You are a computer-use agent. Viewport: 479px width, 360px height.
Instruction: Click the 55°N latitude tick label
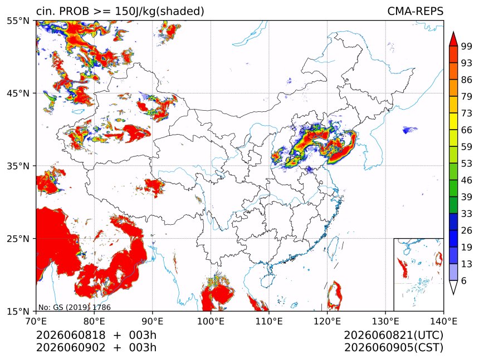(18, 21)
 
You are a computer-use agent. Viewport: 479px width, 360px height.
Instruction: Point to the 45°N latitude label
(18, 93)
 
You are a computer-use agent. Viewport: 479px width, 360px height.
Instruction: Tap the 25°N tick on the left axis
(18, 238)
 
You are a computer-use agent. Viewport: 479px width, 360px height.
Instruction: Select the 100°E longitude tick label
(211, 321)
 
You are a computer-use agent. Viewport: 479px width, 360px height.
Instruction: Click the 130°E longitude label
(385, 321)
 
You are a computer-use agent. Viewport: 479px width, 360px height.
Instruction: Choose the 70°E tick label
(36, 321)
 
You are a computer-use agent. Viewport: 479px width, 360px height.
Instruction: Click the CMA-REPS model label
(415, 11)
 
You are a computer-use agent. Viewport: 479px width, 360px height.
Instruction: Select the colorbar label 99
(467, 46)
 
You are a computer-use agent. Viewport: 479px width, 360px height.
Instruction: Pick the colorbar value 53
(467, 164)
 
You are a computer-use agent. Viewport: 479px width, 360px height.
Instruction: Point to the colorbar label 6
(464, 280)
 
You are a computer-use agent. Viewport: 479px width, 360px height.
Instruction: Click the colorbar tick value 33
(467, 214)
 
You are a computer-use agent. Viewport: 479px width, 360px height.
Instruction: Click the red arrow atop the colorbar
(453, 39)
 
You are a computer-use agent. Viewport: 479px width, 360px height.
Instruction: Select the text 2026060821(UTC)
(393, 336)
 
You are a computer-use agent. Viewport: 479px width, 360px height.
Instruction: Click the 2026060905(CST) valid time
(393, 348)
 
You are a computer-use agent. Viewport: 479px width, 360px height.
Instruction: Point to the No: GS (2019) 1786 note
(75, 307)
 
